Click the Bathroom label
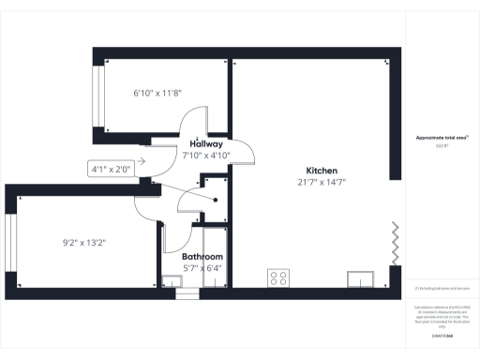pos(202,256)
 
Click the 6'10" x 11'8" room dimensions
pos(159,93)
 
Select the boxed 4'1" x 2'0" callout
pos(111,170)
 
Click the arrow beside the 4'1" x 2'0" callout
pos(142,159)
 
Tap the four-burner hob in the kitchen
pos(278,277)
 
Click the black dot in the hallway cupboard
pos(215,200)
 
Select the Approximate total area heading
pos(442,137)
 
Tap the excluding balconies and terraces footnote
pos(442,288)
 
